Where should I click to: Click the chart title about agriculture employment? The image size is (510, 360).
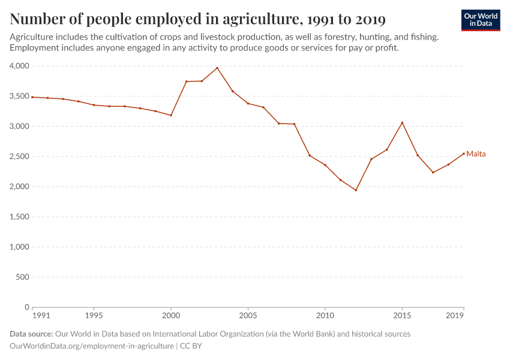click(197, 19)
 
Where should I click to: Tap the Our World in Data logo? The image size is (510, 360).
click(481, 20)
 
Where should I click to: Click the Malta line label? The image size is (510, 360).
click(476, 154)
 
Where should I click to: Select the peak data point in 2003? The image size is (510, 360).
click(217, 68)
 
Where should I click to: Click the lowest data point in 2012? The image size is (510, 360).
click(356, 190)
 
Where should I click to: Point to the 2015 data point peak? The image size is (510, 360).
click(402, 123)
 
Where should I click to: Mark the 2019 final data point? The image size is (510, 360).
click(464, 153)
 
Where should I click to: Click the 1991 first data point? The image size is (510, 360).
click(32, 97)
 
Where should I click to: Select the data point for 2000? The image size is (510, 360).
click(171, 115)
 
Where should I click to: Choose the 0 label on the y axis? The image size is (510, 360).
click(26, 307)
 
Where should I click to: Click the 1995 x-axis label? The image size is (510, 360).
click(94, 315)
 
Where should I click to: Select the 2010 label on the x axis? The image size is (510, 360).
click(325, 315)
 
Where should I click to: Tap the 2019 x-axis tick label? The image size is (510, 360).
click(455, 315)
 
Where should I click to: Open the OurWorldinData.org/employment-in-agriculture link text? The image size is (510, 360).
click(92, 346)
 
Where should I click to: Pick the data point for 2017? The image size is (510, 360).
click(433, 173)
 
